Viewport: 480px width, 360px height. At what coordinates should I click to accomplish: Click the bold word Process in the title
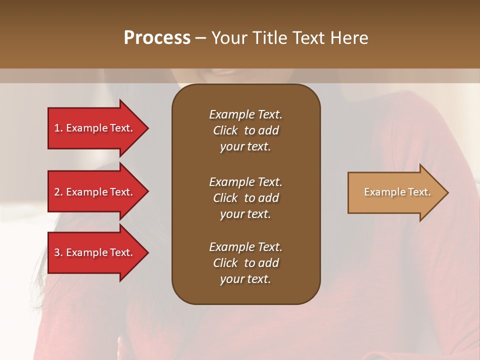pos(157,38)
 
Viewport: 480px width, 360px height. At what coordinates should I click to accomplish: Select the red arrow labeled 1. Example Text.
pos(95,128)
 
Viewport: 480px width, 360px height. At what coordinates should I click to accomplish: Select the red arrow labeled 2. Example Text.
pos(95,192)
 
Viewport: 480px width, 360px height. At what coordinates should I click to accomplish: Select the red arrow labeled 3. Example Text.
pos(95,252)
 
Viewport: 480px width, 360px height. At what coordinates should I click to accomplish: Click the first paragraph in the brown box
pos(245,130)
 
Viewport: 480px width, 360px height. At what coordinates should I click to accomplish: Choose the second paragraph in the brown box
pos(245,198)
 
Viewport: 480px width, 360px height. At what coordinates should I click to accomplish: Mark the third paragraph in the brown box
pos(245,263)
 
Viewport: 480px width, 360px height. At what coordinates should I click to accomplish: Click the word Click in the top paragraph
pos(225,130)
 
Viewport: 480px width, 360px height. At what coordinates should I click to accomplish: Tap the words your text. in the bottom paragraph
pos(245,279)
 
